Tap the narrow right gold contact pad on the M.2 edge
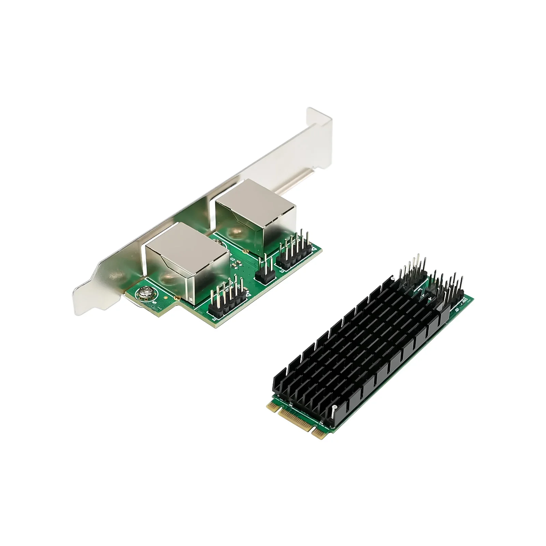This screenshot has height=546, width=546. coord(318,433)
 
